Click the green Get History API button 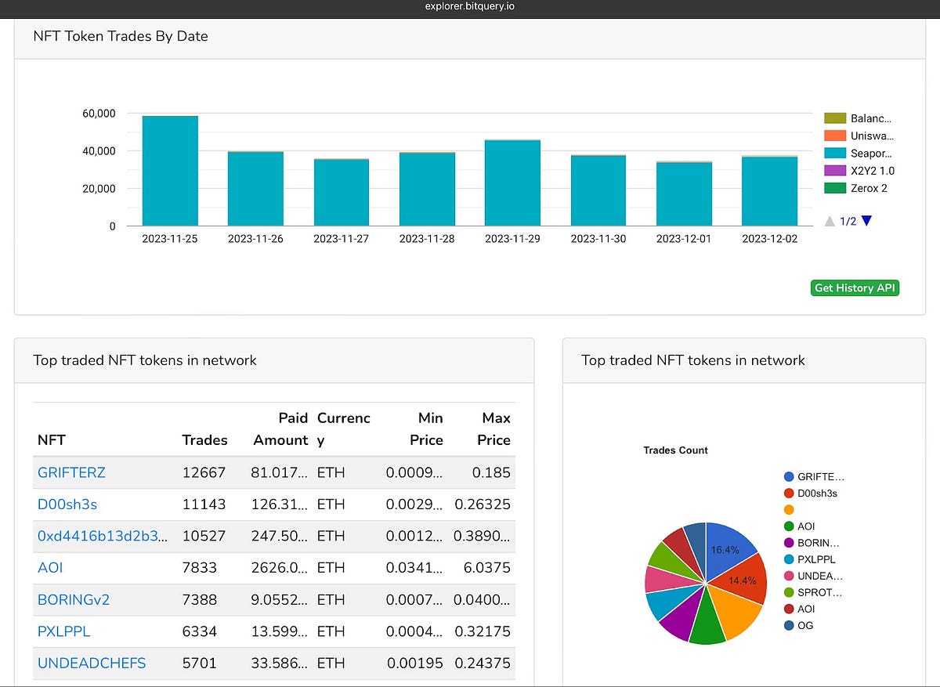(x=855, y=288)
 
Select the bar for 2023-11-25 (x=170, y=171)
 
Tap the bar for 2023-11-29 (x=512, y=183)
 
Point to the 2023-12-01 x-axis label (x=684, y=239)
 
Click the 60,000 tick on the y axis (x=99, y=114)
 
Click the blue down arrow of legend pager (x=866, y=221)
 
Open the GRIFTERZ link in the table (x=71, y=473)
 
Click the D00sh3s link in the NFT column (x=67, y=504)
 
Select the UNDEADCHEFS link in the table (x=92, y=663)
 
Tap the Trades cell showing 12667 (x=204, y=473)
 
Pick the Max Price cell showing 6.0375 (x=486, y=568)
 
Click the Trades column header (x=204, y=440)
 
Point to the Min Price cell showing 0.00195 (x=414, y=663)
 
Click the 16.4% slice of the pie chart (x=728, y=549)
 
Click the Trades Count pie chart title (x=675, y=450)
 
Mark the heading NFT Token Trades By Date (x=121, y=36)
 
